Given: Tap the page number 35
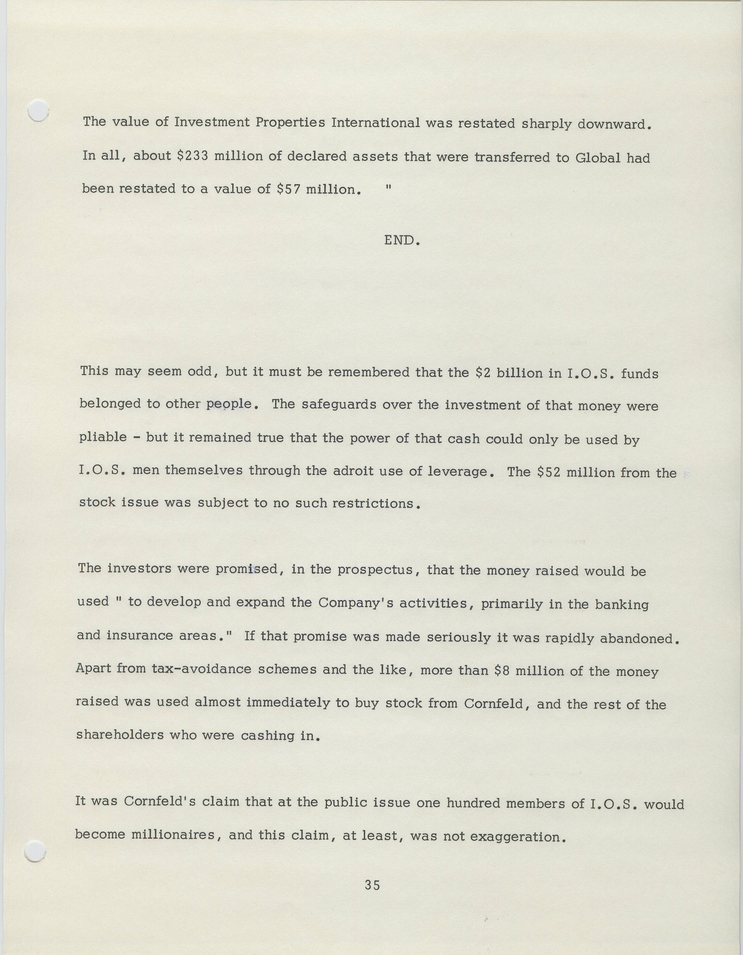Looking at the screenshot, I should point(372,885).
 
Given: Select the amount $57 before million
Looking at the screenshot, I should point(288,189).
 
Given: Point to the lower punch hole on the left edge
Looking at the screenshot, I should point(35,853).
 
